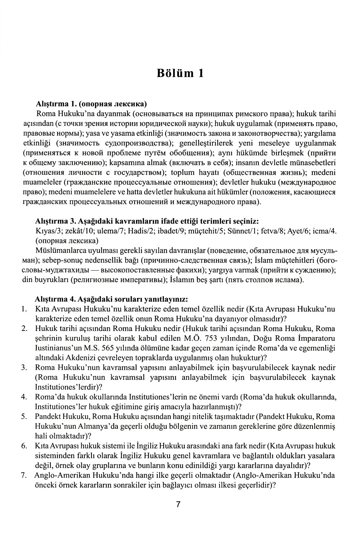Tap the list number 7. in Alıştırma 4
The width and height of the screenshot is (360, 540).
coord(24,475)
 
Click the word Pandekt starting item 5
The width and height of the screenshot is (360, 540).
coord(48,417)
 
